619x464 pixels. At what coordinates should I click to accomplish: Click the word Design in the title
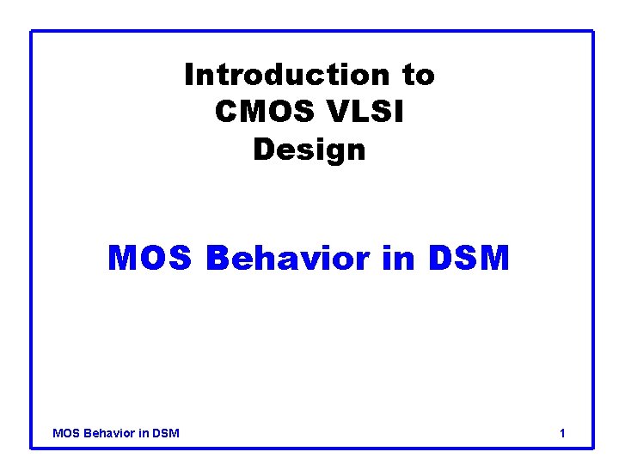309,150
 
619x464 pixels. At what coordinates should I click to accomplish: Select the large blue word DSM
469,257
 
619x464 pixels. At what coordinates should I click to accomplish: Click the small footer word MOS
65,433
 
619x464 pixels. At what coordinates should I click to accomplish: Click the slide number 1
562,433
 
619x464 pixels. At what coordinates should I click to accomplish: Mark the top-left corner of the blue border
32,32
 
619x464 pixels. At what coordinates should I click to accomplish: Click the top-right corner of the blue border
593,32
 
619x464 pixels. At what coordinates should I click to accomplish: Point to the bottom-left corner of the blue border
32,447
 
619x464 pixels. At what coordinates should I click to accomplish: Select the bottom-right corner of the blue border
593,447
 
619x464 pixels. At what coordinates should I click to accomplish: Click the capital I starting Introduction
188,76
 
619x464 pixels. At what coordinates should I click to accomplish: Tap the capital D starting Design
262,150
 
